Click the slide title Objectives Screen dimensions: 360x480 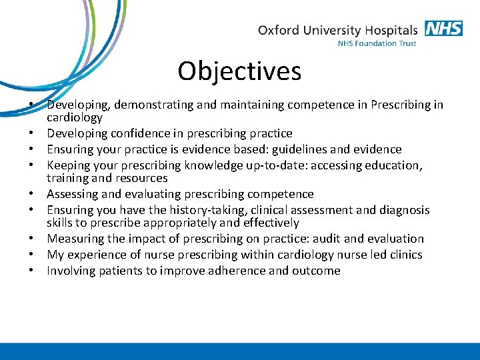coord(239,71)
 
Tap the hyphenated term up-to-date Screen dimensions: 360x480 coord(263,165)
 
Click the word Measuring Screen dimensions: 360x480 coord(74,239)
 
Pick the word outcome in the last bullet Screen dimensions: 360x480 coord(316,271)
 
